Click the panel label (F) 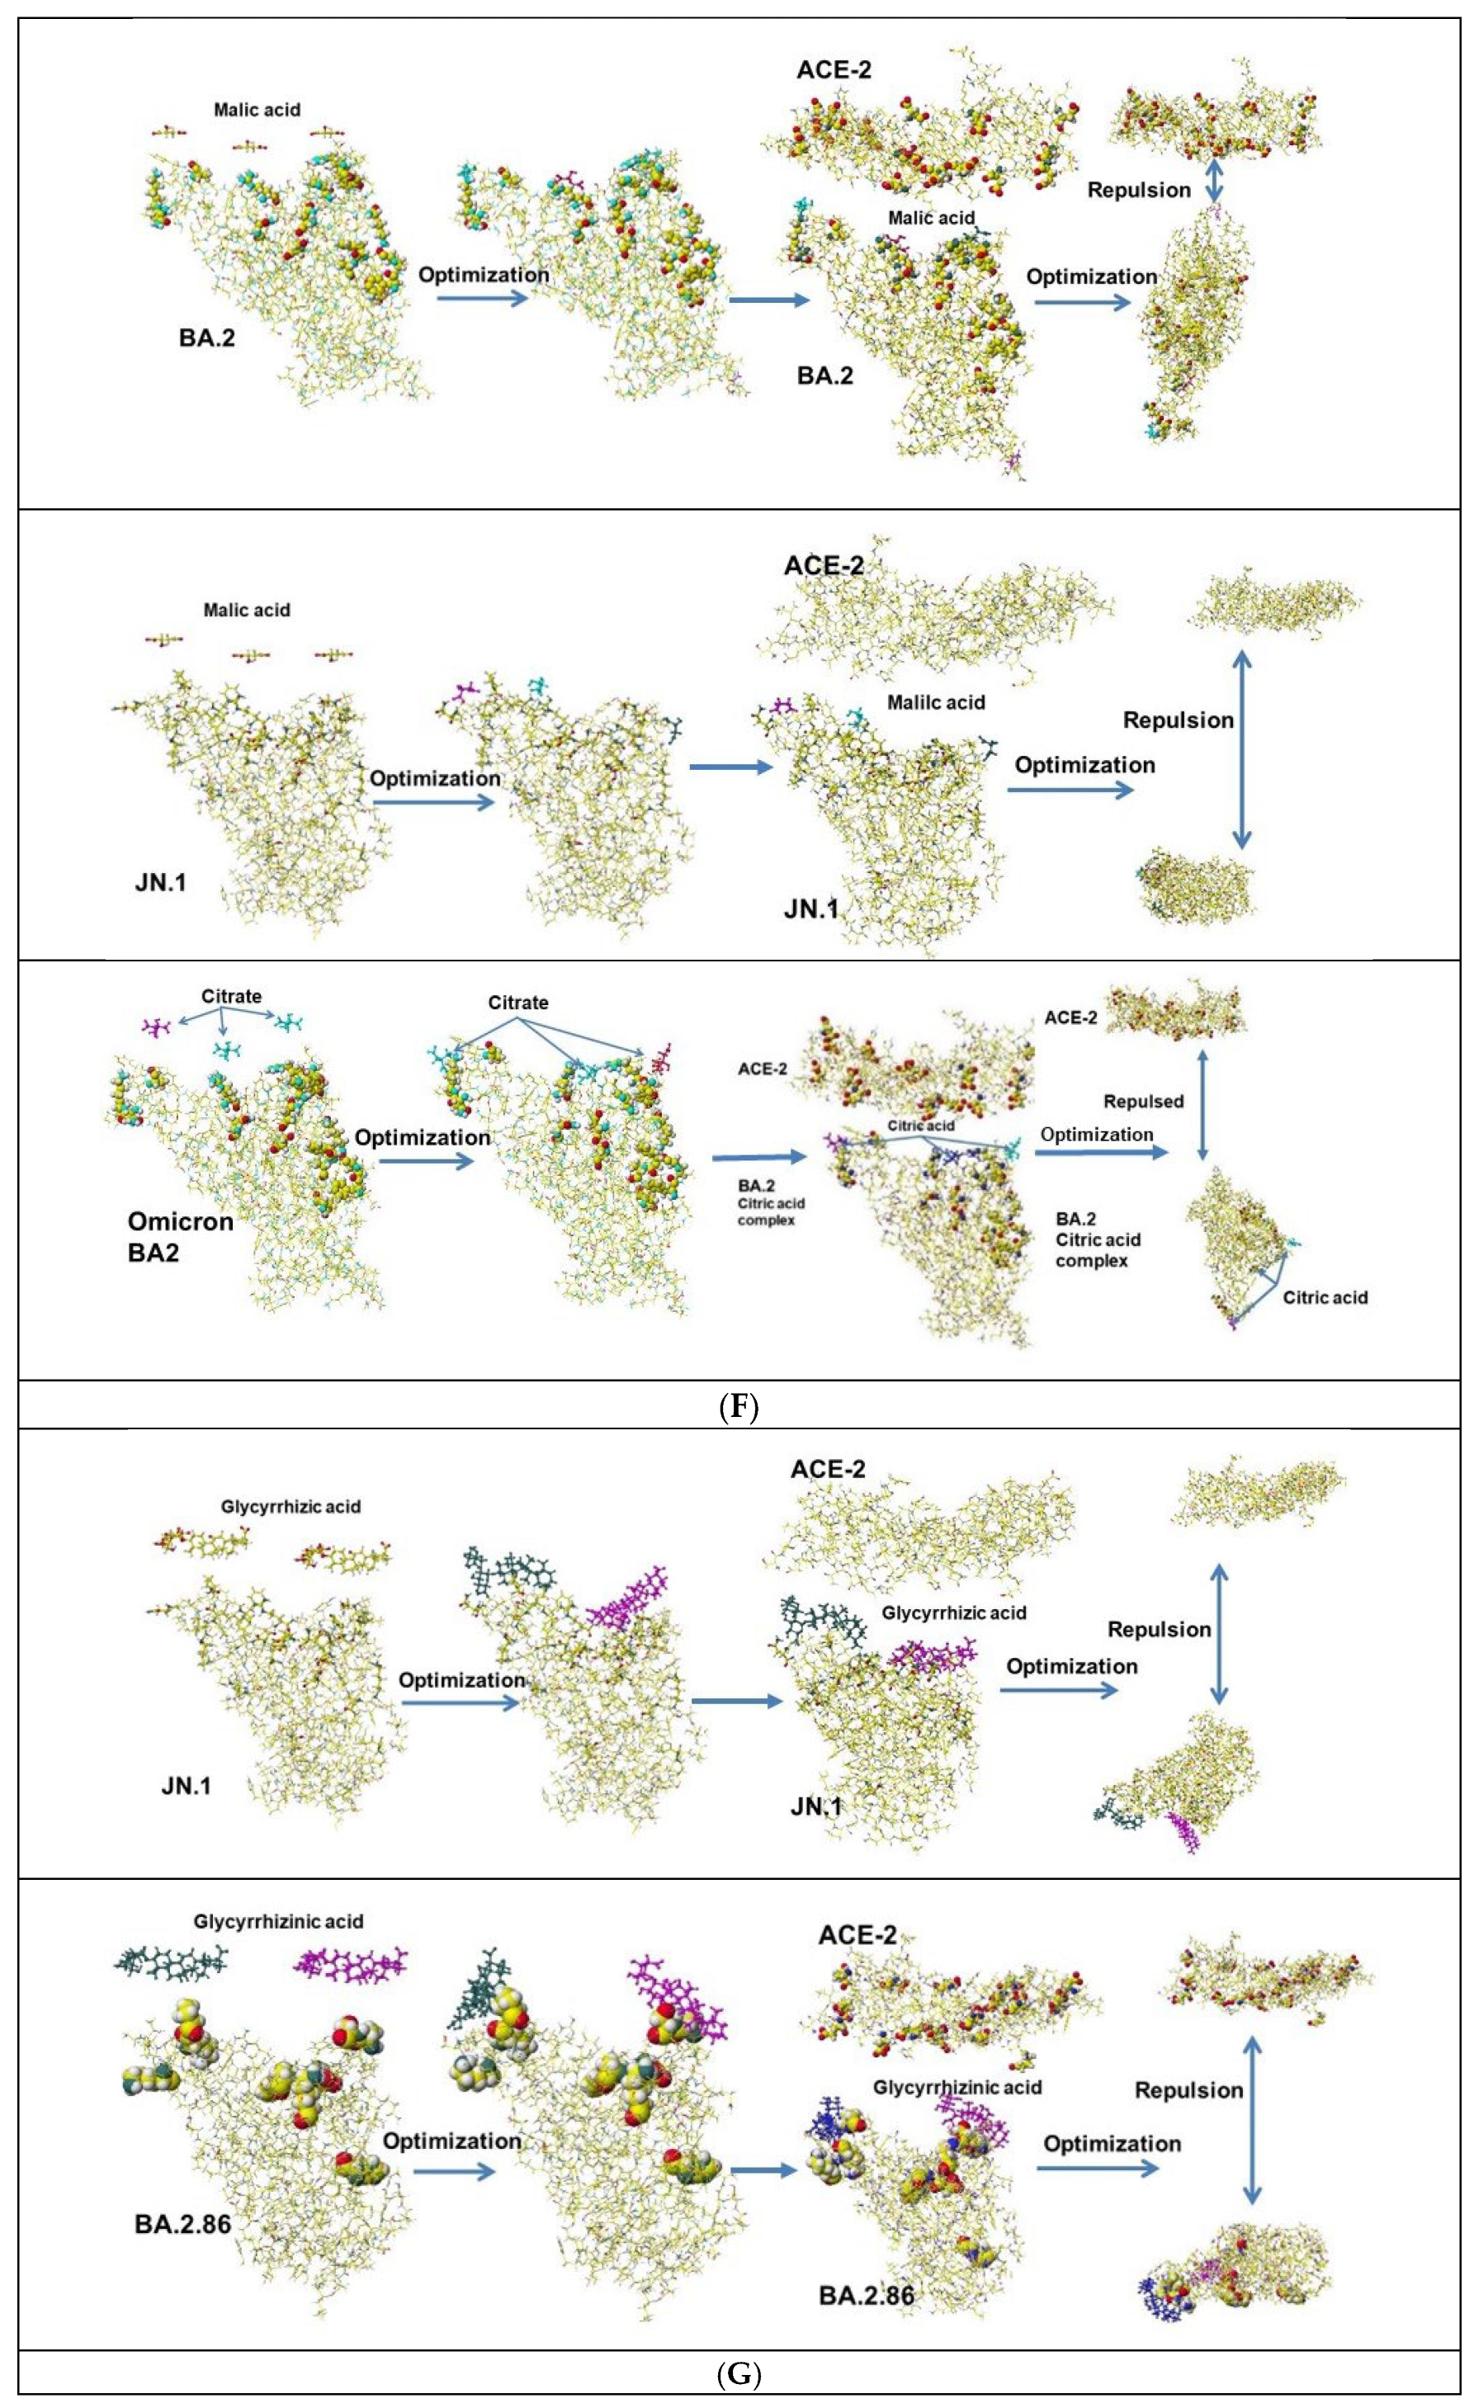click(737, 1407)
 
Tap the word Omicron click(181, 1221)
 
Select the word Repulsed click(1143, 1102)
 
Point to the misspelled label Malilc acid click(935, 701)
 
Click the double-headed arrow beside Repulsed click(1202, 1103)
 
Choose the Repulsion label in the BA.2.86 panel click(1188, 2090)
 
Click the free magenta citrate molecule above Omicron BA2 click(156, 1026)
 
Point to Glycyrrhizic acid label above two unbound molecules click(291, 1506)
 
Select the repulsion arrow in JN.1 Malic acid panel click(1241, 749)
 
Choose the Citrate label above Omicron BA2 click(232, 997)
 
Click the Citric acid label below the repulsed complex click(1325, 1297)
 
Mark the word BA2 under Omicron click(154, 1252)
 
